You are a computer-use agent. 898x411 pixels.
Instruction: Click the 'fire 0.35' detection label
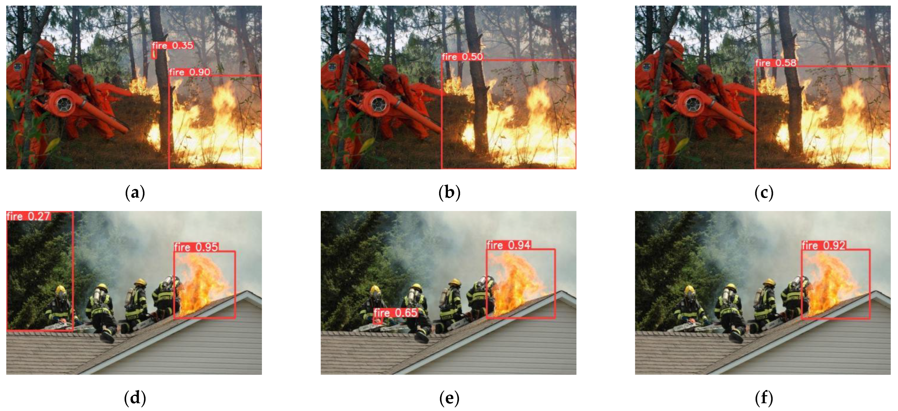(172, 45)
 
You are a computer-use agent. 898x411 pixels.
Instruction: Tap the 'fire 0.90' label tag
(190, 72)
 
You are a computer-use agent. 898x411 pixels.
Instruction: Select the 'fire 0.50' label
(463, 56)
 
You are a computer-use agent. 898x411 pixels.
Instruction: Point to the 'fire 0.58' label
(776, 63)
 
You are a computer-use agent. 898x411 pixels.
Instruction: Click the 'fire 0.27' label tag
(29, 216)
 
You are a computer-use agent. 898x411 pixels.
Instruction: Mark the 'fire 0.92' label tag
(824, 246)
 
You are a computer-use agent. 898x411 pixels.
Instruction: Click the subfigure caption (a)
(135, 192)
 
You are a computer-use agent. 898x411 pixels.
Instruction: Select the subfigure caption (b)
(449, 192)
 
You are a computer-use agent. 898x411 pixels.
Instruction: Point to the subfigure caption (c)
(764, 192)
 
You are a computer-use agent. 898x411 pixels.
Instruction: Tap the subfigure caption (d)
(135, 398)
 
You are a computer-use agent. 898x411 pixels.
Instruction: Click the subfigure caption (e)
(449, 398)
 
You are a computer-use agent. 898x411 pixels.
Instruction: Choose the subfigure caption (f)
(764, 398)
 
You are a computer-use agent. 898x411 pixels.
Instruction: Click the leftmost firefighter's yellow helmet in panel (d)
(60, 289)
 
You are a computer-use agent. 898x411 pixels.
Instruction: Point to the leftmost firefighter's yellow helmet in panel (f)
(689, 289)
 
